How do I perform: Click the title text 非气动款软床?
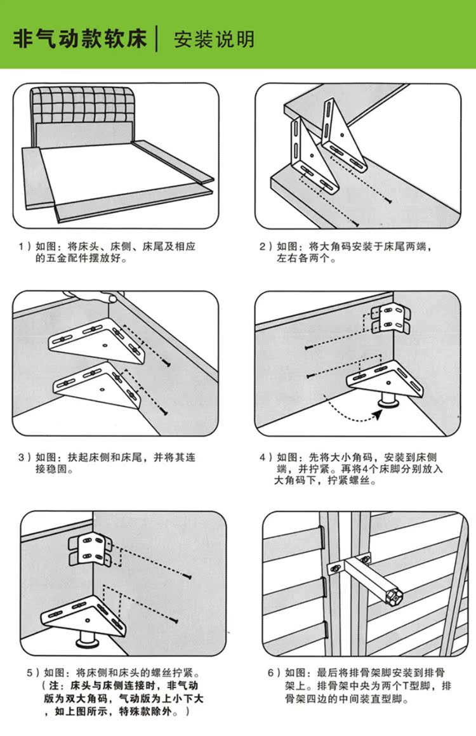coord(81,39)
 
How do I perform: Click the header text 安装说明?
coord(214,39)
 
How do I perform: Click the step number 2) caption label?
coord(266,246)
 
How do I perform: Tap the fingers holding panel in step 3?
coord(95,296)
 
